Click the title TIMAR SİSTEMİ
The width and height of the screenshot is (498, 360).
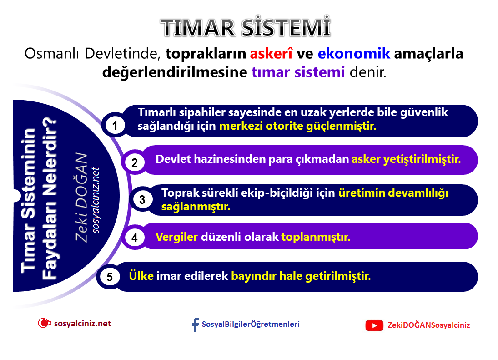246,28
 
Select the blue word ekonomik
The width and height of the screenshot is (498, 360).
354,54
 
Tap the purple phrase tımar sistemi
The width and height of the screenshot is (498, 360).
298,72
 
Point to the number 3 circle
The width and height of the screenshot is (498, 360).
142,200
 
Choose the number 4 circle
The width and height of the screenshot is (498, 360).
135,238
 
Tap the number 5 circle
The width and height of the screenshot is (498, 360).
110,277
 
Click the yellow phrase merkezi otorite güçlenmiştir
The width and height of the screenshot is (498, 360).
298,126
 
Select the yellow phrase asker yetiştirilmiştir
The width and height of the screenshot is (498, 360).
406,159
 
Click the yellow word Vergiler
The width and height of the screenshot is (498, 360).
176,237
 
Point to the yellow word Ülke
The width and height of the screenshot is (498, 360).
141,276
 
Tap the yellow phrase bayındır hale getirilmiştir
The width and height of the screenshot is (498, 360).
301,276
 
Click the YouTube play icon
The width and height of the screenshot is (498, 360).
374,325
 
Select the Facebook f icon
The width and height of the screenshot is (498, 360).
196,325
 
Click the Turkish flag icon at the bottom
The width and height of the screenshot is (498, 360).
44,324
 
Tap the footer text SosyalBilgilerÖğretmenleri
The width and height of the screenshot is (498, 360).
251,324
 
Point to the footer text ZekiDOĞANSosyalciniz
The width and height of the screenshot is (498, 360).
428,325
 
